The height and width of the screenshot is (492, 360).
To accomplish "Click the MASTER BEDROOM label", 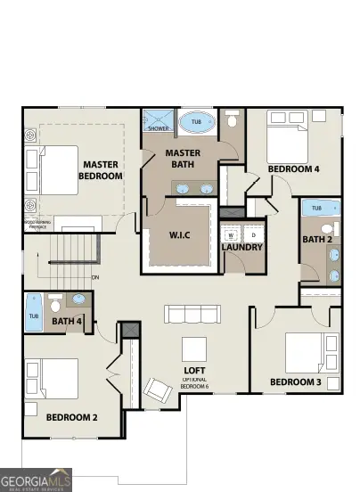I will click(x=101, y=169).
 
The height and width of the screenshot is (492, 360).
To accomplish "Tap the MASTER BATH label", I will click(x=188, y=158).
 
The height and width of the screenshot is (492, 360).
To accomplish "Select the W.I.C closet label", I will click(x=181, y=236).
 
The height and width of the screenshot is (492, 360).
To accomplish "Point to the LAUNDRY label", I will click(x=242, y=247).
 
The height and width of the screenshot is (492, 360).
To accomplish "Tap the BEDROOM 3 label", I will click(x=295, y=383).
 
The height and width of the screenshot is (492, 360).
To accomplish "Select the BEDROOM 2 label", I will click(x=71, y=416).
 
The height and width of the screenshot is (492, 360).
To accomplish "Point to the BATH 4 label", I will click(x=66, y=321).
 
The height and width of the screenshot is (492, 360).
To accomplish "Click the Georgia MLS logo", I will click(x=36, y=480).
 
